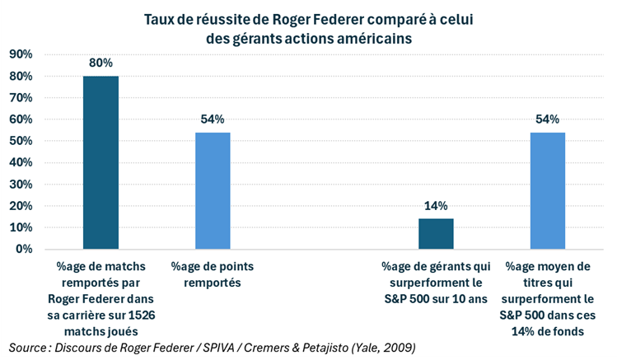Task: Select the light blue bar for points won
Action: (x=213, y=190)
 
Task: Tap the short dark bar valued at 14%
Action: (x=436, y=233)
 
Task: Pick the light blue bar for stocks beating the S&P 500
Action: (x=547, y=190)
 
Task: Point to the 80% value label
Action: (x=100, y=63)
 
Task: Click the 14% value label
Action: (x=436, y=205)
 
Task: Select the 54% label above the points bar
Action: (x=213, y=119)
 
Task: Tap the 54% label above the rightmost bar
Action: (x=547, y=119)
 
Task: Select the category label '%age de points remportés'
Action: (x=212, y=274)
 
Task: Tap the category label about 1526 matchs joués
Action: (x=100, y=288)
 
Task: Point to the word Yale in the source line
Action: (x=374, y=346)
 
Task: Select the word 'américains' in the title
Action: (x=374, y=37)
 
